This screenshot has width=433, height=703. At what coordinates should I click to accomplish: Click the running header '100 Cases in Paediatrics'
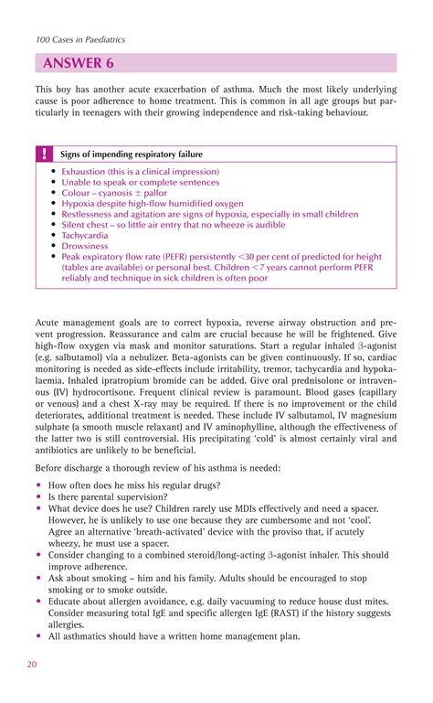tap(80, 39)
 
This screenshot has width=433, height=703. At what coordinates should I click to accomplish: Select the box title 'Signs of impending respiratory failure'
tap(132, 154)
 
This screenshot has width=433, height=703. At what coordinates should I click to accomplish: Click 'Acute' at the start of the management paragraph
tap(48, 324)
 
